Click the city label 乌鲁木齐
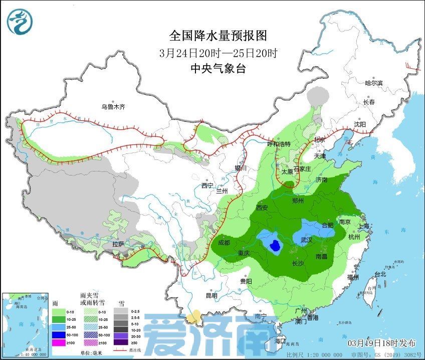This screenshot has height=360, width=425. tap(113, 107)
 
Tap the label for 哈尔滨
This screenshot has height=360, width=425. tap(373, 83)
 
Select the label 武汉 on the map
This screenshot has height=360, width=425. tap(306, 240)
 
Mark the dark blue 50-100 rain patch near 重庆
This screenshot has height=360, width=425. tap(275, 246)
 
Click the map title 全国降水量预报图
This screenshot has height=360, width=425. tap(218, 36)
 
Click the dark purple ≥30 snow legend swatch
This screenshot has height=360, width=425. tap(120, 342)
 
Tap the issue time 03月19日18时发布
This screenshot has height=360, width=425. tap(382, 343)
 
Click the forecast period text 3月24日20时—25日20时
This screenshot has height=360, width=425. tap(218, 53)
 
